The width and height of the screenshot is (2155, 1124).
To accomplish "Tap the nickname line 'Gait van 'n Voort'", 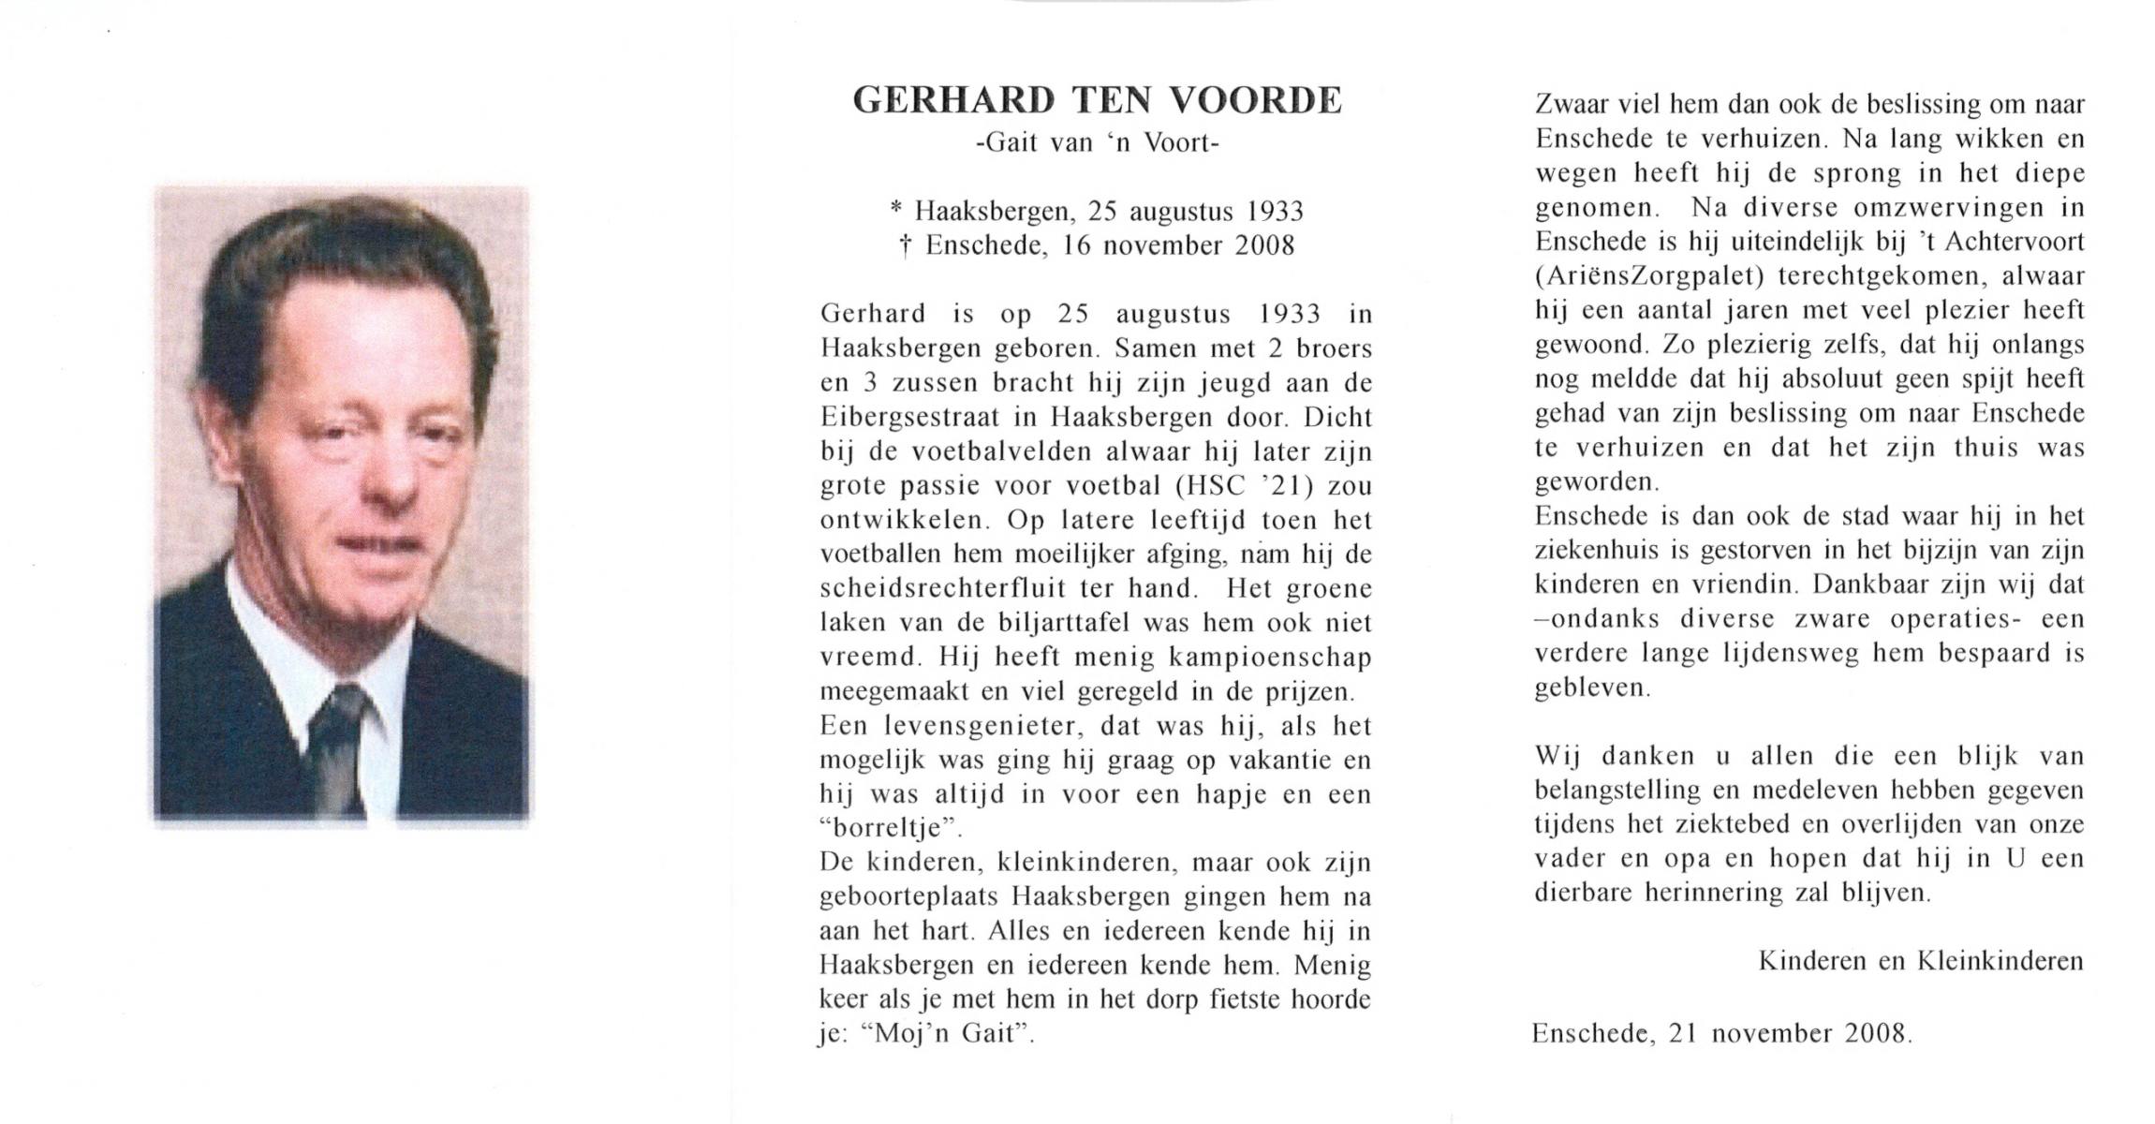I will click(1097, 143).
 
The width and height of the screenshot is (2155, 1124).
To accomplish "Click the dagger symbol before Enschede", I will click(905, 246).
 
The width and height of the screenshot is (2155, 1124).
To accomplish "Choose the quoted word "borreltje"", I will click(890, 829).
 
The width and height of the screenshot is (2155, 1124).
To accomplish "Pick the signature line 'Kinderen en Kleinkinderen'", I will click(1921, 961).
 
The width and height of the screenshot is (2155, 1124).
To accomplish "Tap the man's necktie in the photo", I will click(338, 749).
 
